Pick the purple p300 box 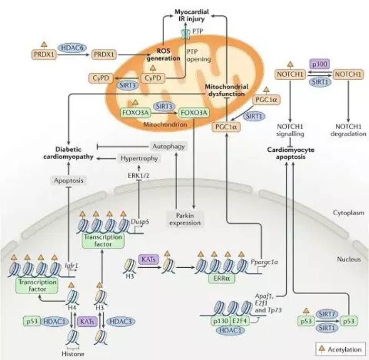319,64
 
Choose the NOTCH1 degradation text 348,130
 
